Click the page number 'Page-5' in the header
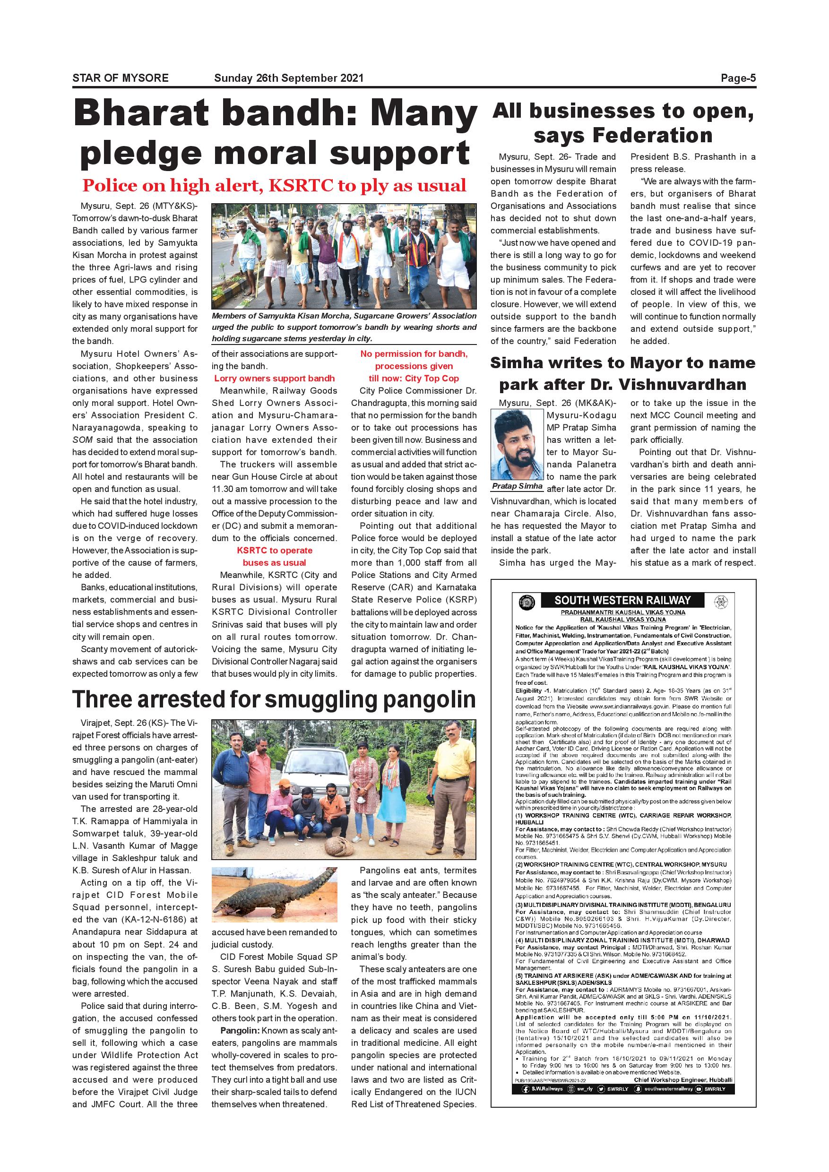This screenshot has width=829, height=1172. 738,78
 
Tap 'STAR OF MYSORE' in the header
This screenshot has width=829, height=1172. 121,78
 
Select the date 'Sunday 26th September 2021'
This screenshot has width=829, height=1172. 288,78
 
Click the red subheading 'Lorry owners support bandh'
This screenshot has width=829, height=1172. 275,378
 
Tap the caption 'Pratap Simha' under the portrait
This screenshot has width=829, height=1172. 517,486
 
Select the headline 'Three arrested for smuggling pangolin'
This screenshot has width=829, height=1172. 274,700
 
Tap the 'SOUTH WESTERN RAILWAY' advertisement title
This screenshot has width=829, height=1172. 622,600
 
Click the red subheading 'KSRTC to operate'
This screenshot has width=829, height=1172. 275,550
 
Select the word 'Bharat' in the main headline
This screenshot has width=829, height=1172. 141,113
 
